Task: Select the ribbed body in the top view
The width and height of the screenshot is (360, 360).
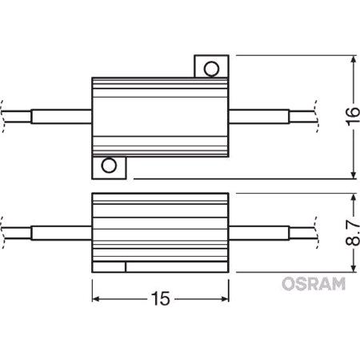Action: click(160, 116)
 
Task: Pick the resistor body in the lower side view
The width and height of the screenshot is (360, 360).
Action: click(160, 229)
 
